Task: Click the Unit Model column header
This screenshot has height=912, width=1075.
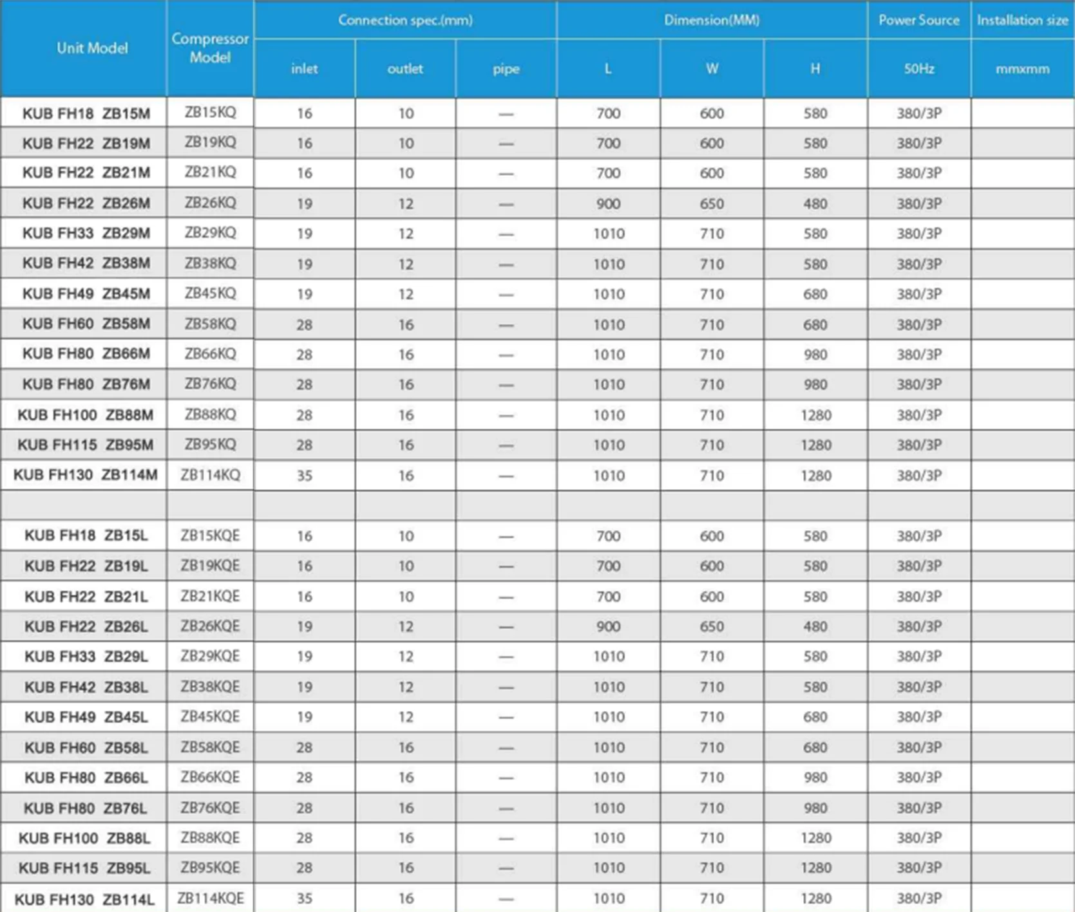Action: click(91, 48)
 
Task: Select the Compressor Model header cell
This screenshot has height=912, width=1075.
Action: click(210, 48)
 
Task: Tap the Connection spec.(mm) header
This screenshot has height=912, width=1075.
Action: click(405, 20)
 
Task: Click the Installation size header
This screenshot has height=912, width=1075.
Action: click(1022, 20)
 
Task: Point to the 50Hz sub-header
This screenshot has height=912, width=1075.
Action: click(918, 69)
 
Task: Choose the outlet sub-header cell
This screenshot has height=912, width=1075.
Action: click(405, 69)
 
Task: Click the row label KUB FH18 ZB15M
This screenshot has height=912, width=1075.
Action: click(86, 114)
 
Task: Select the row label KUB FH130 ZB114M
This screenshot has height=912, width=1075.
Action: click(85, 475)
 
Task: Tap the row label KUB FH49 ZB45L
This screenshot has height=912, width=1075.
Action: click(86, 717)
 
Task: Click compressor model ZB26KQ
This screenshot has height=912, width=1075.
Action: click(210, 203)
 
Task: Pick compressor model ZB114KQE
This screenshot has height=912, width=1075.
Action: click(210, 898)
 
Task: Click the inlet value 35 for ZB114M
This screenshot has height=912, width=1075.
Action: click(304, 476)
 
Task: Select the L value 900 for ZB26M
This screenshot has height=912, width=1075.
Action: click(608, 204)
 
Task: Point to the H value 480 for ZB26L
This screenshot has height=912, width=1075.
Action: click(815, 626)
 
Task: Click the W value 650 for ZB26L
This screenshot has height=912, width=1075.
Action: click(712, 626)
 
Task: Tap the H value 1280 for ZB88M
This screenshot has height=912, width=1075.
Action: click(815, 415)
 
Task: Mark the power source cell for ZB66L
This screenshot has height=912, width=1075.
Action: click(918, 777)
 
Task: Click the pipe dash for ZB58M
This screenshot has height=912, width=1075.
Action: click(506, 325)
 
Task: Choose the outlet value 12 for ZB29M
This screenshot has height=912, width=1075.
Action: click(405, 234)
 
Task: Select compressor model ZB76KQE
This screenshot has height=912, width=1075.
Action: click(210, 808)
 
